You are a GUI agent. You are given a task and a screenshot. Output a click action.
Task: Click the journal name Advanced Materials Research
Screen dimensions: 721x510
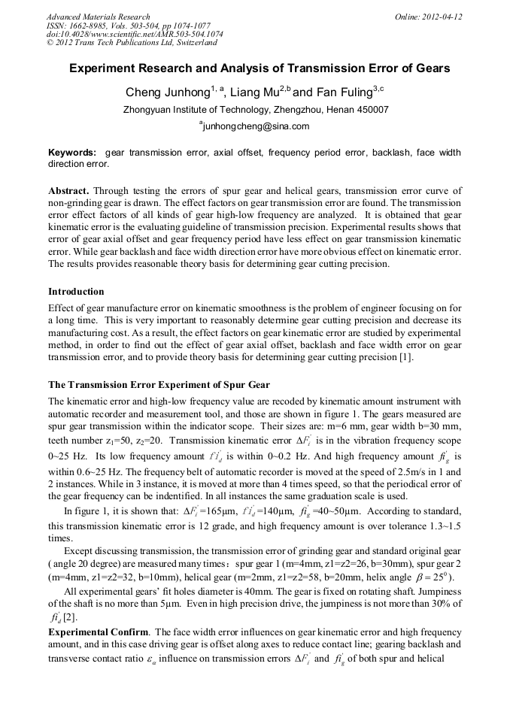click(98, 17)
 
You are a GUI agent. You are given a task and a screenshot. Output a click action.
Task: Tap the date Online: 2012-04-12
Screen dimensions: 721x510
click(428, 17)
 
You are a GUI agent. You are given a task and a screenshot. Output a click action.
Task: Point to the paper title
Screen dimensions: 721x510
click(260, 68)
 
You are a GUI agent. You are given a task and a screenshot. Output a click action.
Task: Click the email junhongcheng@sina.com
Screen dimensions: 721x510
click(256, 126)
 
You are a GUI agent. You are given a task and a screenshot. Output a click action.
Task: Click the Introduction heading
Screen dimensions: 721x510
click(76, 292)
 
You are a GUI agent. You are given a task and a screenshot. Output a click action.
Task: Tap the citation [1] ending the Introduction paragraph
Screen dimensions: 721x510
click(405, 357)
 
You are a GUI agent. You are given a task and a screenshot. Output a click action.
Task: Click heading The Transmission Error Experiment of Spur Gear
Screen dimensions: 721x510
click(153, 386)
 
